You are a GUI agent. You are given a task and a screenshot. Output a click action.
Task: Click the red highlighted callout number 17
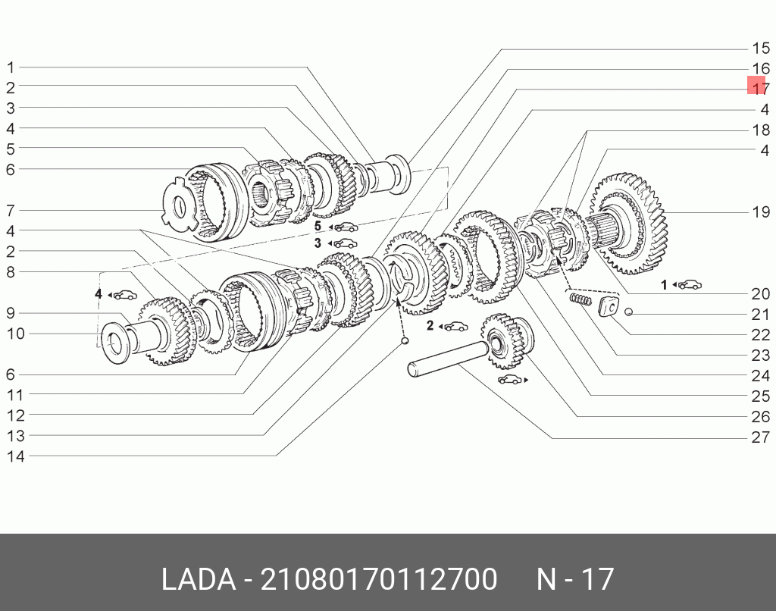tap(759, 88)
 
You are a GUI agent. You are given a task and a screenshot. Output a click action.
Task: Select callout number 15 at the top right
tap(760, 48)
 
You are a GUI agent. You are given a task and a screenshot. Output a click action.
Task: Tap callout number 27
tap(760, 437)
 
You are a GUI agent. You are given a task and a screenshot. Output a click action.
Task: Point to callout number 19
tap(760, 211)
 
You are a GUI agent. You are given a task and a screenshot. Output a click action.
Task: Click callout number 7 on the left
tap(11, 210)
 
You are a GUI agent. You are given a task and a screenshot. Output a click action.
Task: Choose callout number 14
tap(15, 456)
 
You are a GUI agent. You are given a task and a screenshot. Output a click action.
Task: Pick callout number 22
tap(760, 334)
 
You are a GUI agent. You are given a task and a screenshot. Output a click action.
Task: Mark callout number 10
tap(15, 334)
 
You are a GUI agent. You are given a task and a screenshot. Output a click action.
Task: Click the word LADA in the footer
tap(198, 579)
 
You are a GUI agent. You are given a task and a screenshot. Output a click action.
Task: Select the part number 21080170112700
tap(379, 579)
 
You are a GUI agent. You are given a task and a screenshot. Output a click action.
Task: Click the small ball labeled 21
tap(629, 312)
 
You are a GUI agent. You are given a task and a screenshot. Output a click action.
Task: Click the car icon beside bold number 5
tap(347, 226)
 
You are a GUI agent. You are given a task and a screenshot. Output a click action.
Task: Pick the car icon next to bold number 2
tap(455, 326)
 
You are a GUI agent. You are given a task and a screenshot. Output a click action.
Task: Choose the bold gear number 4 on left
tap(99, 293)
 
